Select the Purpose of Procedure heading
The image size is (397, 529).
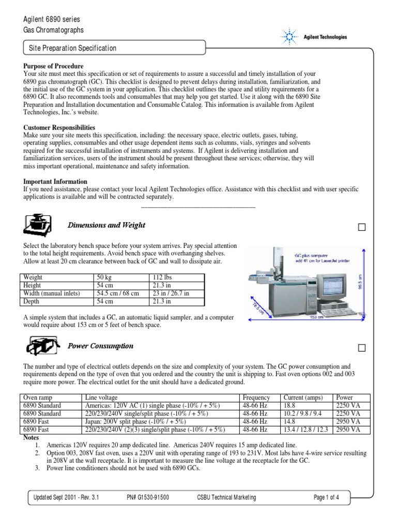pos(54,67)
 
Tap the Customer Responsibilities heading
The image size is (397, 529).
pos(59,127)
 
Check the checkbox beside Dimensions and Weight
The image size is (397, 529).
pos(362,227)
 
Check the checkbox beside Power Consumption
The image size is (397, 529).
pos(362,348)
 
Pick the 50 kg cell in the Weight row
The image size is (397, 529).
pos(105,278)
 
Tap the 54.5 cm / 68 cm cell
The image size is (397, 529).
pos(118,293)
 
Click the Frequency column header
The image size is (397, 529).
pos(256,397)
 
